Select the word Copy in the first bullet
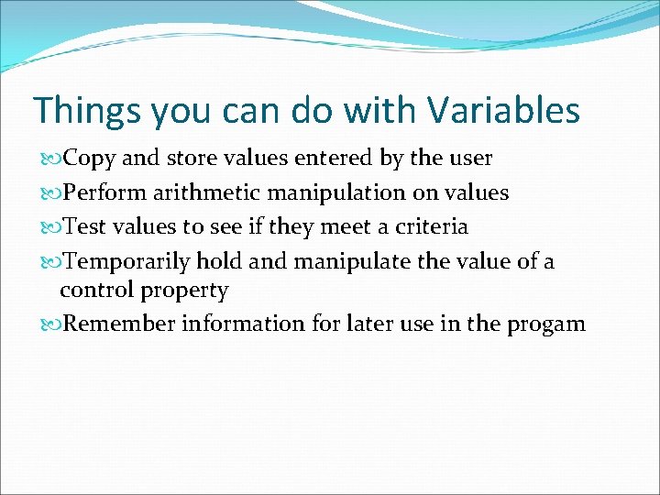coord(90,159)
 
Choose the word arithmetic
coord(205,192)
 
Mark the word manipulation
coord(340,192)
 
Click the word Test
coord(85,226)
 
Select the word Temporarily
coord(127,261)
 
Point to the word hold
coord(220,261)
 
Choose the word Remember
coord(119,324)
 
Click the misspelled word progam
coord(547,324)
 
